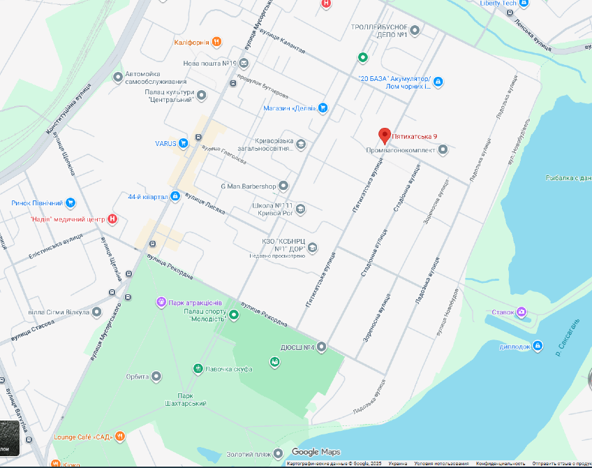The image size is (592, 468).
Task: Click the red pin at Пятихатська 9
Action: [x=384, y=135]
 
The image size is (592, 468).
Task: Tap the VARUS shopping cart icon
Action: [x=183, y=144]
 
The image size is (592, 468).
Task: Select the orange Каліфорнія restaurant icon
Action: [x=217, y=42]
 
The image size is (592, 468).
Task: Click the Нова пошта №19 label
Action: [x=210, y=64]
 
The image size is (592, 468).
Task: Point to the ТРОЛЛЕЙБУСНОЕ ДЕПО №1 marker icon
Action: [x=415, y=30]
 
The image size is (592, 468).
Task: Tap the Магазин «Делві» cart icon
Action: [x=323, y=108]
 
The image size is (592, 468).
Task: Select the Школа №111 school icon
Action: [x=300, y=209]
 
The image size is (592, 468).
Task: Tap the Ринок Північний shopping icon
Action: [x=71, y=203]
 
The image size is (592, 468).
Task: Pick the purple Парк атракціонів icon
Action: [x=161, y=302]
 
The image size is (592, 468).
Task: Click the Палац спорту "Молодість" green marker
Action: [x=234, y=315]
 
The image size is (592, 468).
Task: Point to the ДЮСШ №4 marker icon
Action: [x=322, y=346]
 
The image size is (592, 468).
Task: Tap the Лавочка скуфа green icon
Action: [x=198, y=368]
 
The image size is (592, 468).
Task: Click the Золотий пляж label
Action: [x=249, y=454]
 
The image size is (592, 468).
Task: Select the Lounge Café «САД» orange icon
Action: [x=121, y=437]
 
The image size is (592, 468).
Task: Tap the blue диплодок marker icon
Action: [x=537, y=346]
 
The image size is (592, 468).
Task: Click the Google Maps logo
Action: [x=315, y=452]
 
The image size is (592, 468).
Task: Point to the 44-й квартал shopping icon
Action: [x=175, y=197]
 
